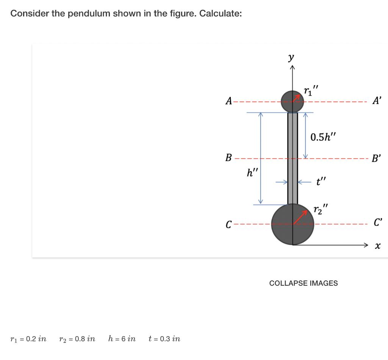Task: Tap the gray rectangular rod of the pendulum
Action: tap(293, 159)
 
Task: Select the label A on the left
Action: tap(228, 101)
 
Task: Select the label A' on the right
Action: tap(377, 101)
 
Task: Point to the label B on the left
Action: tap(228, 158)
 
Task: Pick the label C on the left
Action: tap(228, 224)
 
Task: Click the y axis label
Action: tap(291, 58)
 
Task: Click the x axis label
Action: tap(377, 246)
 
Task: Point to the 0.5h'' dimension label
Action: tap(323, 136)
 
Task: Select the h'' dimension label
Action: tap(252, 173)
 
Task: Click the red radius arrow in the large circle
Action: tap(300, 217)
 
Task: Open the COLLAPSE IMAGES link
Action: tap(303, 283)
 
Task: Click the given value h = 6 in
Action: tap(122, 338)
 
